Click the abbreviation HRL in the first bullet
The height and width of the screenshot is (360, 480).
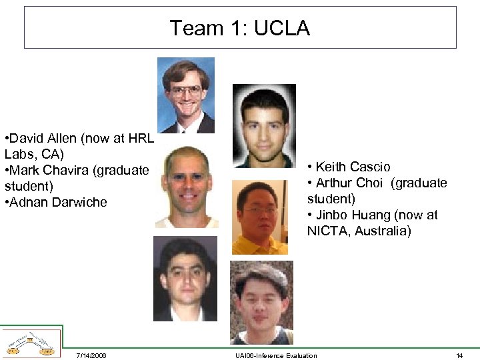140,139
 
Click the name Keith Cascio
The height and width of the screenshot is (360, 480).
353,167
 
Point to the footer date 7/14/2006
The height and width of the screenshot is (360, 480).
91,355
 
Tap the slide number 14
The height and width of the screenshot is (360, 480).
459,355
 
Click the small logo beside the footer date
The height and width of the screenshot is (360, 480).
31,342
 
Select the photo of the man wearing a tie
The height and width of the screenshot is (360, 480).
186,95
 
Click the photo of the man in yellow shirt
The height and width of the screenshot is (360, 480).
259,217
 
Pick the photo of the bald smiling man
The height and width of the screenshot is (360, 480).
186,189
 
